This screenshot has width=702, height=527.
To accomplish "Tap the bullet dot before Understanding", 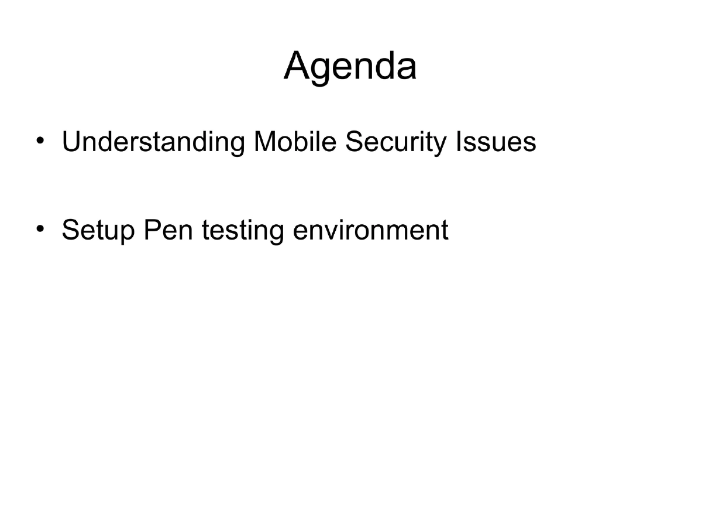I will pyautogui.click(x=40, y=141).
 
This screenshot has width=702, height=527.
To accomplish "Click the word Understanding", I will pyautogui.click(x=153, y=142).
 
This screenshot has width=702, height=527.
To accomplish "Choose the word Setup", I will pyautogui.click(x=98, y=230).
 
